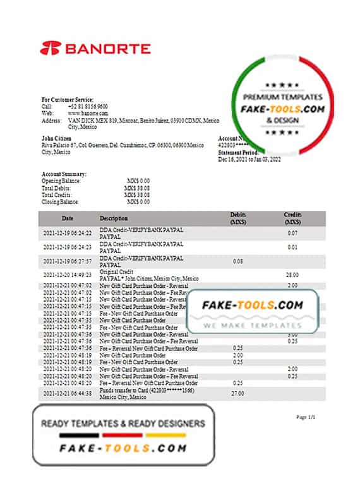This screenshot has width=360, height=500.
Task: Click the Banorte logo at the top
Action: (95, 49)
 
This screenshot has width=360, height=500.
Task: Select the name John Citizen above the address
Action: (56, 138)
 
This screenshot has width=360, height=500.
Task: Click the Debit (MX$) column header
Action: (238, 219)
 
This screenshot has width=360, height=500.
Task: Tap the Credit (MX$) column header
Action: (292, 219)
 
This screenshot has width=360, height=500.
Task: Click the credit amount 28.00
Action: (292, 275)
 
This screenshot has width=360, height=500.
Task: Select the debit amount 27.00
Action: (238, 393)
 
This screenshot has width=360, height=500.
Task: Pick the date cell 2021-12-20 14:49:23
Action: (68, 275)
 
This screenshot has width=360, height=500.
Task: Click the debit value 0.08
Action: (238, 261)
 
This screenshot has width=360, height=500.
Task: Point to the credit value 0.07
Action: (292, 234)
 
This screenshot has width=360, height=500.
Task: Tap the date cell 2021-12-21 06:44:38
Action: (68, 393)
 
